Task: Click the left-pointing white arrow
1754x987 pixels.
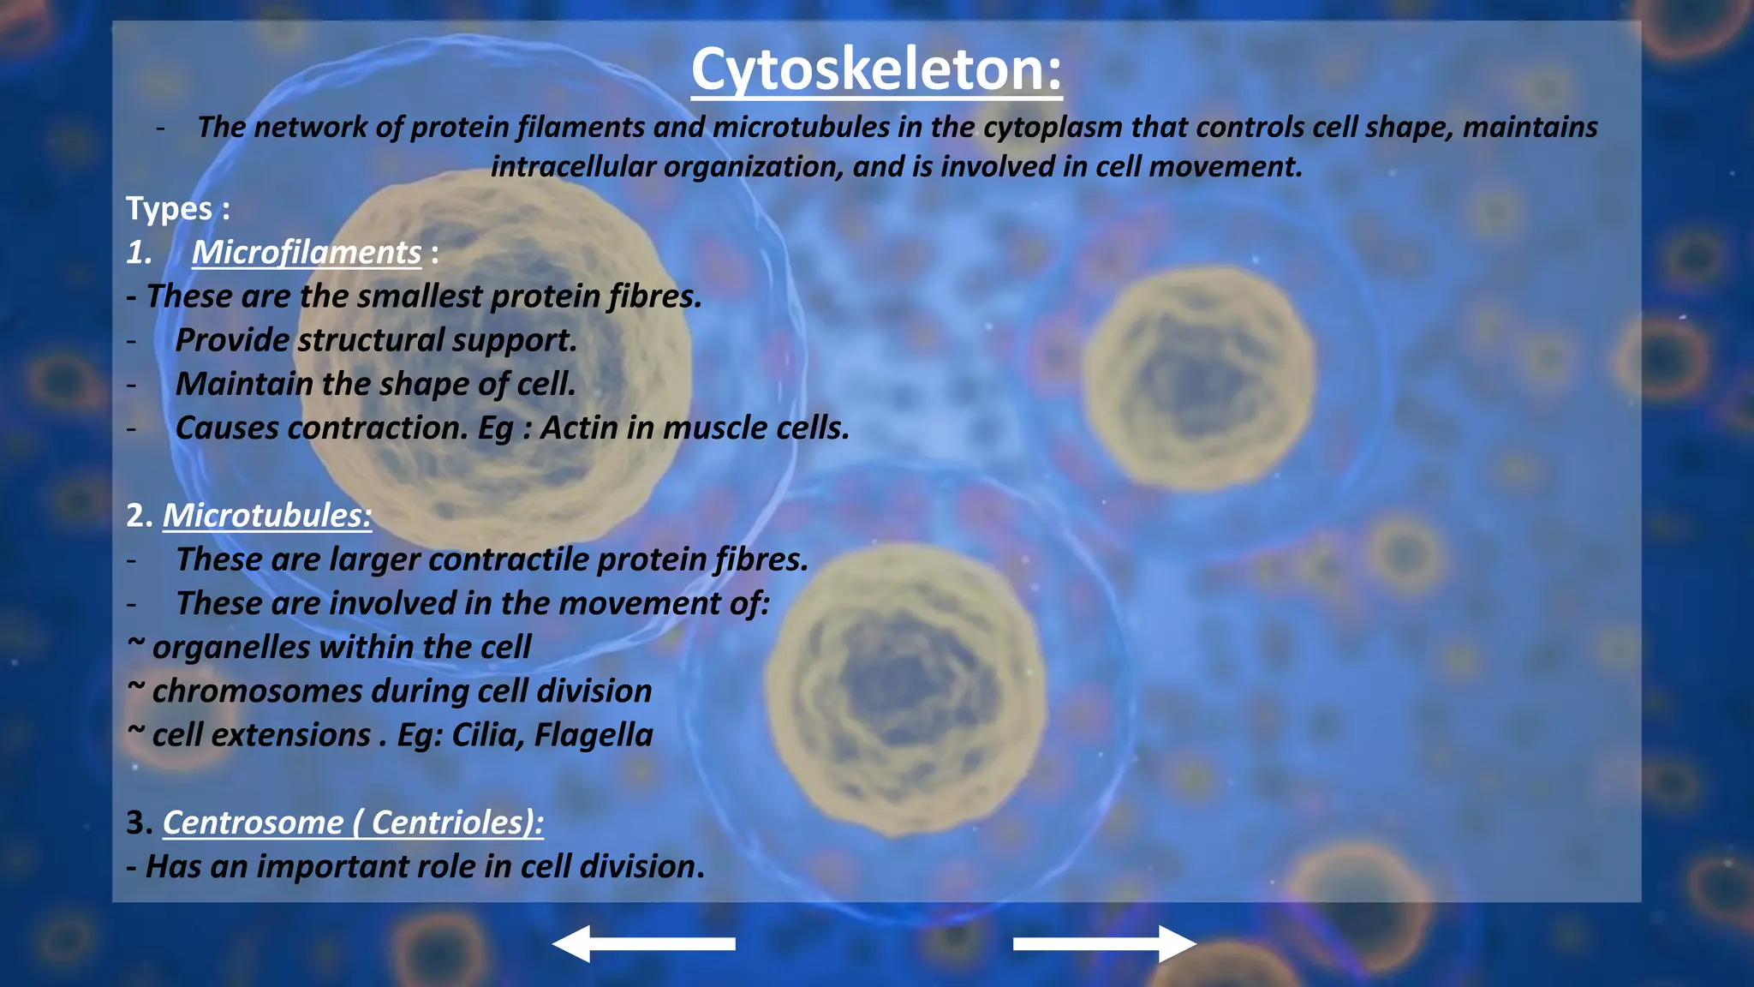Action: [644, 943]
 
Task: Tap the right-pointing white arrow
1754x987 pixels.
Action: [1104, 943]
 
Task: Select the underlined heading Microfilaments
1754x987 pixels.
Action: [306, 252]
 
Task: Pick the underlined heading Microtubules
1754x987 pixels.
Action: [266, 515]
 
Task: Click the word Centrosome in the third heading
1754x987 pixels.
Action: [253, 822]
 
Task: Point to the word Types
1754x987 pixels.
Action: [169, 209]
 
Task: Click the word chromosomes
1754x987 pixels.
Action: [257, 691]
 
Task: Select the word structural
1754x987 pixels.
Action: [370, 340]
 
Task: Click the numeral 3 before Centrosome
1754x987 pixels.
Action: [137, 822]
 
